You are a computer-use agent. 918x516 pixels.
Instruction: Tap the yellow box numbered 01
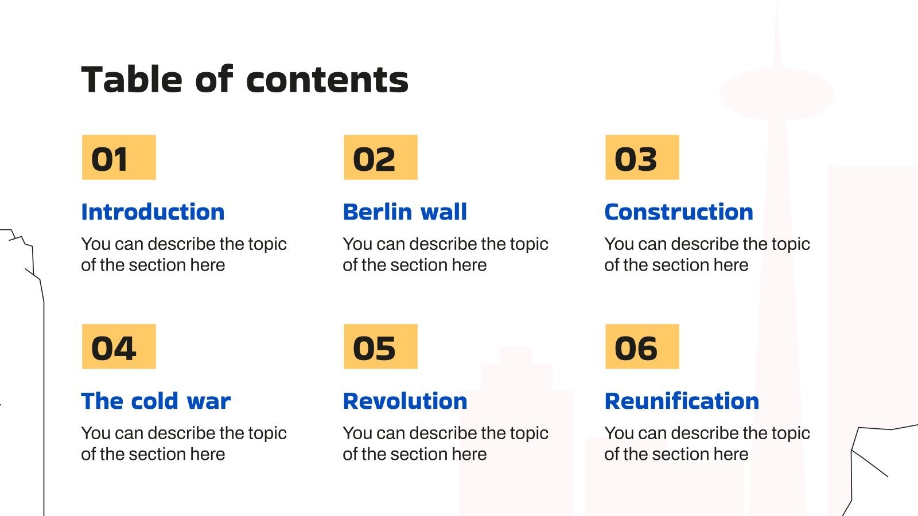[x=119, y=158]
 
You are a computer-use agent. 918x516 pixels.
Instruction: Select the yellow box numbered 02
[x=380, y=158]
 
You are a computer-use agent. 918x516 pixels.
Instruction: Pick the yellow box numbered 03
[x=642, y=158]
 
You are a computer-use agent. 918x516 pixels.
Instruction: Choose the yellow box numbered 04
[x=119, y=347]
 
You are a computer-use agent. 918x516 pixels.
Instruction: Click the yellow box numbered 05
[x=380, y=347]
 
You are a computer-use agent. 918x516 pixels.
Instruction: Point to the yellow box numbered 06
[x=642, y=347]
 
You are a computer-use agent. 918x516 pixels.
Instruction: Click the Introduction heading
[x=153, y=212]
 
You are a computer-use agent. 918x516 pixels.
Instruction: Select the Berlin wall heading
[x=404, y=212]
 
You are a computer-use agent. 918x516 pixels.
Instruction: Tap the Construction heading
[x=679, y=212]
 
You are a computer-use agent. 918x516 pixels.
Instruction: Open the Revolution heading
[x=404, y=401]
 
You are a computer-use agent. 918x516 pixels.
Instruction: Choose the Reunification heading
[x=682, y=401]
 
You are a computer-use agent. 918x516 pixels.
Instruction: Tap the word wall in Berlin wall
[x=444, y=212]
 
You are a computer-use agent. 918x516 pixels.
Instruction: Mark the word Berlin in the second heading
[x=376, y=212]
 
